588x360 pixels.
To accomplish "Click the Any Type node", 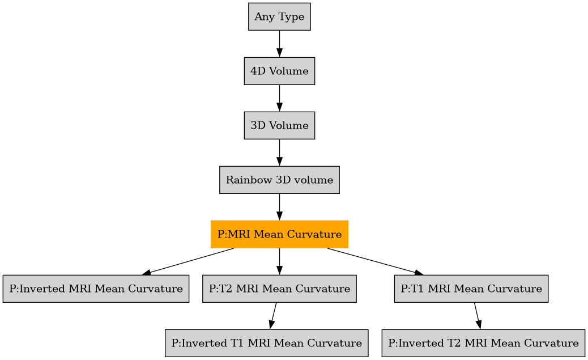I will (279, 17).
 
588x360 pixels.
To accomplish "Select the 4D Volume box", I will (279, 71).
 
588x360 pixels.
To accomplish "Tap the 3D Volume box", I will (279, 125).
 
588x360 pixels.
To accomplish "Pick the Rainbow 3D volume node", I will (279, 180).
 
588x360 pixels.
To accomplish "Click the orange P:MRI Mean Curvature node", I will (279, 234).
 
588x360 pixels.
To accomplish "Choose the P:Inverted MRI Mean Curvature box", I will (96, 289).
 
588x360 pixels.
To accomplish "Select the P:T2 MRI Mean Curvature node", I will (279, 289).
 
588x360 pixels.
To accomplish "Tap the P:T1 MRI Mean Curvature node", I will (471, 289).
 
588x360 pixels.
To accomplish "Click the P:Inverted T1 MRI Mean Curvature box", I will (266, 343).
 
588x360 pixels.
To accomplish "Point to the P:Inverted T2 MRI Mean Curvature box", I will (483, 343).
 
